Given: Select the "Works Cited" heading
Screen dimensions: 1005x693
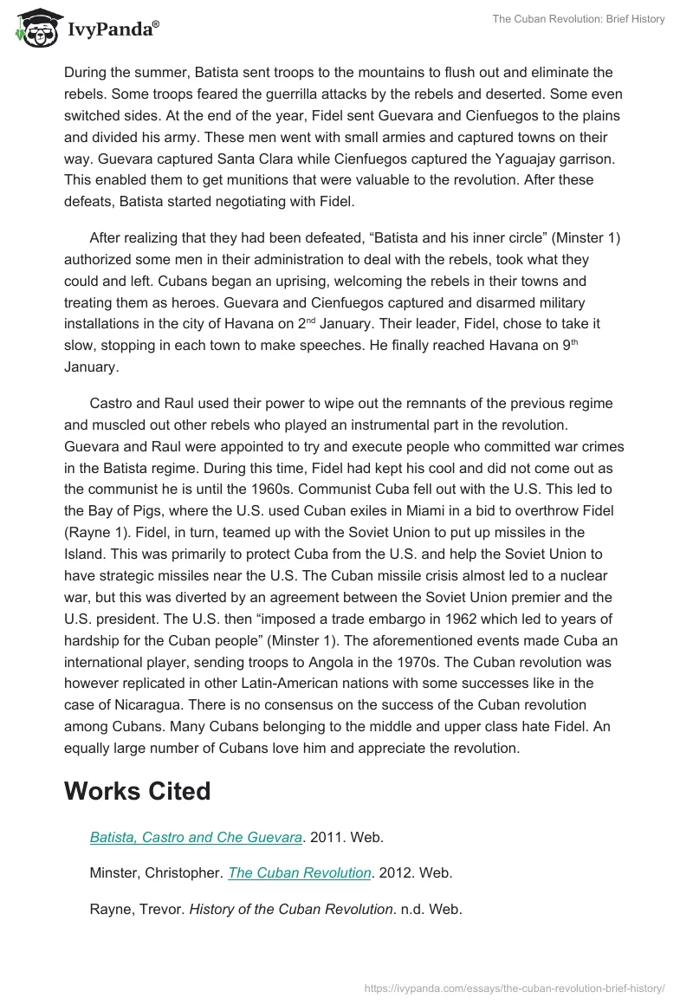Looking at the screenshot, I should pos(137,791).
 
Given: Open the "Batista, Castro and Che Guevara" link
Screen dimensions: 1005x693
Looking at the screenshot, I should pos(196,838).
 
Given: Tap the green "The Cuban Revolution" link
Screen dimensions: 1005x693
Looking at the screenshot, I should pos(299,873).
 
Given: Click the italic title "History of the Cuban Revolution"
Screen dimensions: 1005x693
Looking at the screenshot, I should pos(290,909).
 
